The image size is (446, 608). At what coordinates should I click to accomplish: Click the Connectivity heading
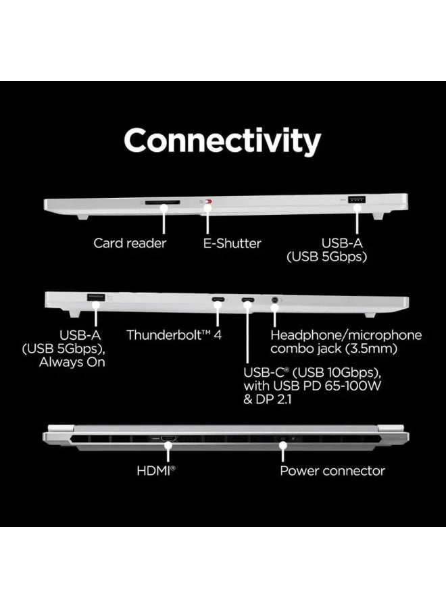pos(222,141)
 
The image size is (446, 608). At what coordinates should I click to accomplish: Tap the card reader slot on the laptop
pos(160,201)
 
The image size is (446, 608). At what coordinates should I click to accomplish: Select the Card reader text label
pos(130,243)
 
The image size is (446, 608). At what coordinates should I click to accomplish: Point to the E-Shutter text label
pos(232,243)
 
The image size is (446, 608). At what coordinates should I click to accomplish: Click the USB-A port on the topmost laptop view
pos(357,201)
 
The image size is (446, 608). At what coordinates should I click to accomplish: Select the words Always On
pos(72,362)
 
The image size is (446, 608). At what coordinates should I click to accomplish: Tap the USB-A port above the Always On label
pos(95,297)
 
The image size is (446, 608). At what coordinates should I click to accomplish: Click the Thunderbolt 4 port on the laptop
pos(219,300)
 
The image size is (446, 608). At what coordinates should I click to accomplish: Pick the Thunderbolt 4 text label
pos(174,334)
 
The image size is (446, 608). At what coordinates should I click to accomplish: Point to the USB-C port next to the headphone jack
pos(248,300)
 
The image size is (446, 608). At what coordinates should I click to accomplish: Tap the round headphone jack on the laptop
pos(275,300)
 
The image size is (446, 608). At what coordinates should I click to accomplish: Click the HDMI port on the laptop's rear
pos(169,440)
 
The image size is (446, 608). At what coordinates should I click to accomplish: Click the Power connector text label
pos(332,471)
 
